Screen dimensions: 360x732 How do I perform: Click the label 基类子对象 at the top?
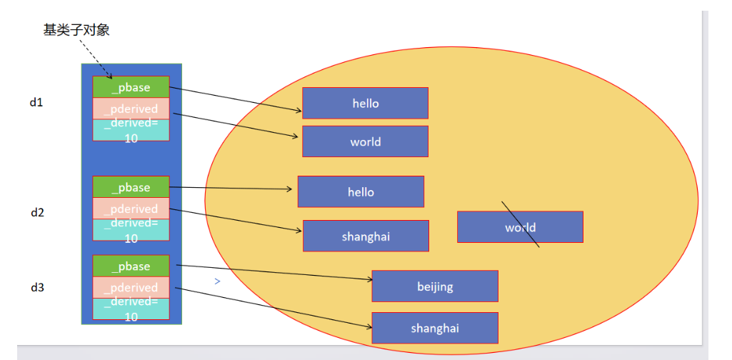[x=76, y=30]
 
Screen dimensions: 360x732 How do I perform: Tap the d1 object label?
[x=36, y=102]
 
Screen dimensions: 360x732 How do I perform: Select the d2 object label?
[x=37, y=212]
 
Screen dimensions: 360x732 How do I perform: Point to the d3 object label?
[x=37, y=287]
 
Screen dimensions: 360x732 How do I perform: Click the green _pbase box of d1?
[x=131, y=87]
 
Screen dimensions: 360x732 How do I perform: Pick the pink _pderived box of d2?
[x=131, y=209]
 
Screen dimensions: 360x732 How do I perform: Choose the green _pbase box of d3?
[x=131, y=266]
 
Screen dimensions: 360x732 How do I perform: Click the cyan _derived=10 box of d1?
[x=131, y=130]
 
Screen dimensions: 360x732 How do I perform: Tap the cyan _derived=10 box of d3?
[x=131, y=309]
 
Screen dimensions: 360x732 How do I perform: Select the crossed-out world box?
[x=520, y=227]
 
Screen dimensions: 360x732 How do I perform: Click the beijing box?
[x=435, y=286]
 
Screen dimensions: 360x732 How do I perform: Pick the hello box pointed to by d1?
[x=365, y=103]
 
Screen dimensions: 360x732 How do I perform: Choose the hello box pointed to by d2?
[x=361, y=191]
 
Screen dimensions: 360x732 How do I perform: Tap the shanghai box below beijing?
[x=435, y=328]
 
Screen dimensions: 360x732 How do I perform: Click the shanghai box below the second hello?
[x=366, y=236]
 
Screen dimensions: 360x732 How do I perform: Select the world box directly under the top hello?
[x=365, y=141]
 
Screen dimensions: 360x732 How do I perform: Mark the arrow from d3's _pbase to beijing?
[x=271, y=272]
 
